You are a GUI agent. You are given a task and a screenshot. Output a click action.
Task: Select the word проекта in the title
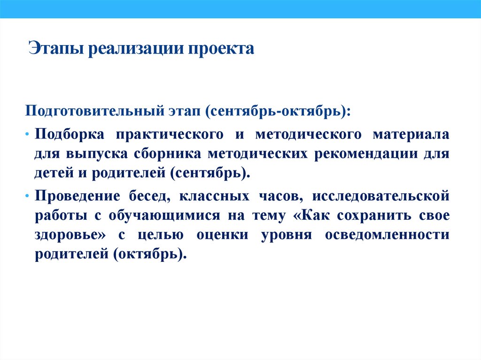coord(221,49)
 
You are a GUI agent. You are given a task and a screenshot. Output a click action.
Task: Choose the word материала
coord(411,134)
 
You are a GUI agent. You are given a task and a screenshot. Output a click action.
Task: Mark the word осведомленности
coord(387,234)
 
